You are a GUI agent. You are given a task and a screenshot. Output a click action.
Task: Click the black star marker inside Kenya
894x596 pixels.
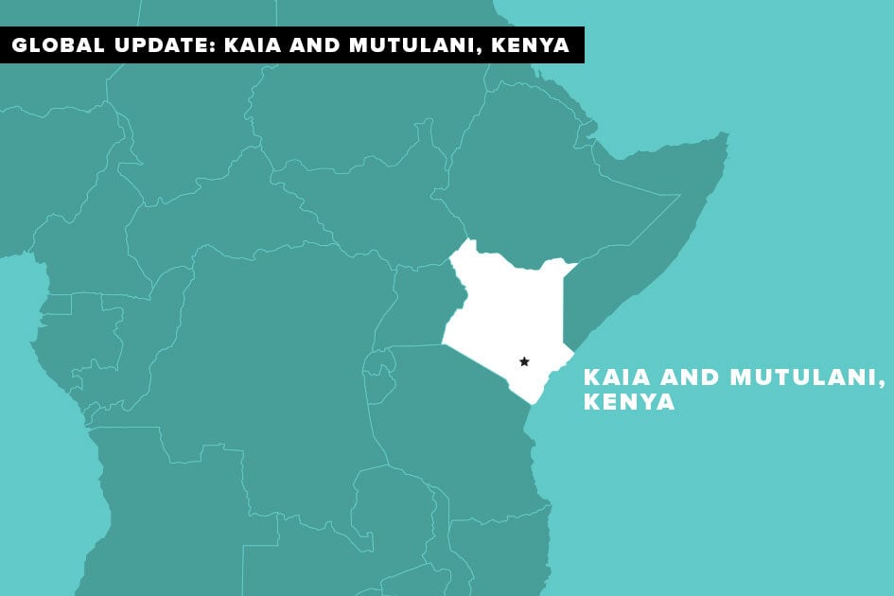524,361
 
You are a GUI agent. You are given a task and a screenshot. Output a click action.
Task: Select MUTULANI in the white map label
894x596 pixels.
805,377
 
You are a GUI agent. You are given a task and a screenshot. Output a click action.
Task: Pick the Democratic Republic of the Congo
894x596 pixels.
284,359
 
